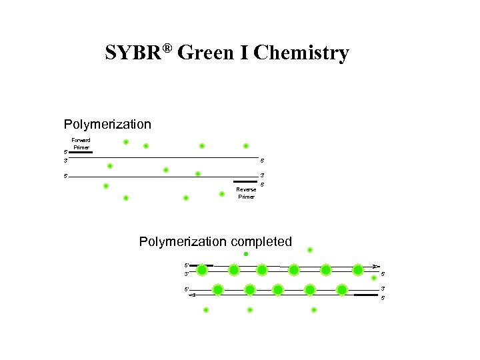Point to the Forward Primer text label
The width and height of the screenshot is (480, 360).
tap(81, 143)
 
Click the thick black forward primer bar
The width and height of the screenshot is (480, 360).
tap(80, 152)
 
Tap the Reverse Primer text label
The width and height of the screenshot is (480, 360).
tap(246, 193)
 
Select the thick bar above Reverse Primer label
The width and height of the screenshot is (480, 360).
tap(245, 181)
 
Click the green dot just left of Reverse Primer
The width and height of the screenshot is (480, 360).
tap(222, 194)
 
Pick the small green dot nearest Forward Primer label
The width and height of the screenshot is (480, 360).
tap(125, 142)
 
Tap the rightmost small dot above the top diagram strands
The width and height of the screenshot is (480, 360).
tap(245, 146)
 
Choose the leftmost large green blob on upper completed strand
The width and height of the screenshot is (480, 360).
tap(202, 270)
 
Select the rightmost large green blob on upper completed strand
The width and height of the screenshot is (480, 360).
tap(357, 270)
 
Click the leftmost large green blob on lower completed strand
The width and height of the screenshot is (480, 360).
tap(218, 290)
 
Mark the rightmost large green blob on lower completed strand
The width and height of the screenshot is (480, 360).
tap(342, 290)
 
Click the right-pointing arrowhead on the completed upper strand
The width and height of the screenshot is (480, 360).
tap(376, 266)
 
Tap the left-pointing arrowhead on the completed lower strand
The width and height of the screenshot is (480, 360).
tap(191, 294)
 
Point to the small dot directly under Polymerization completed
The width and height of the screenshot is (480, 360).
tap(246, 254)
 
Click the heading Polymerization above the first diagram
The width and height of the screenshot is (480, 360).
tap(107, 125)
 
